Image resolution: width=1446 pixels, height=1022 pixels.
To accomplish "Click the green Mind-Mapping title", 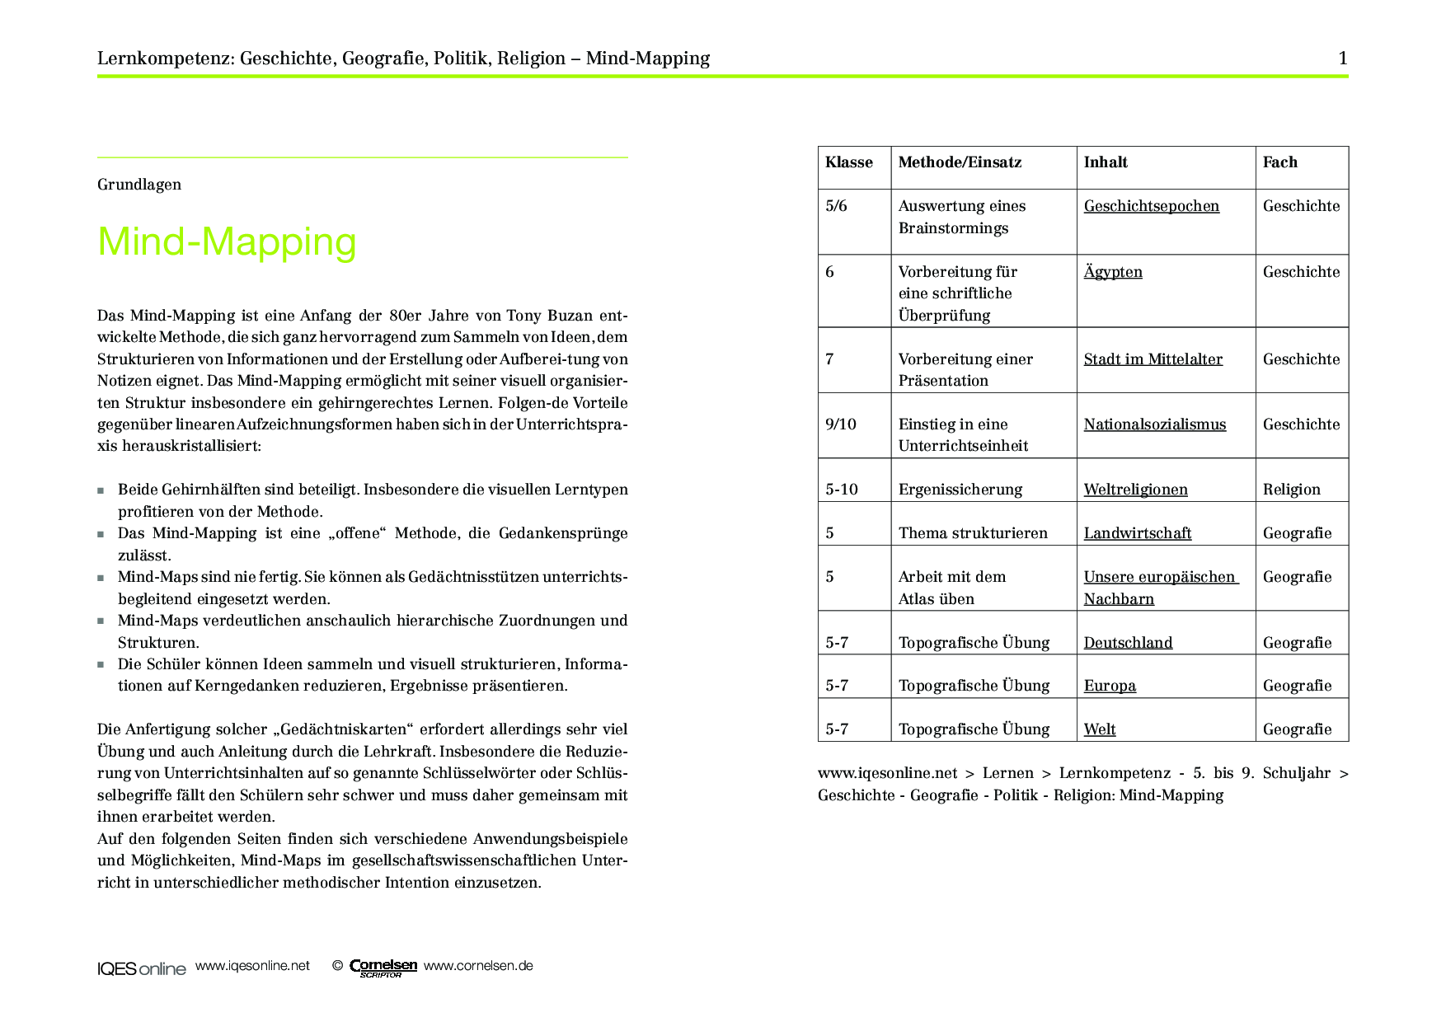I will pos(227,241).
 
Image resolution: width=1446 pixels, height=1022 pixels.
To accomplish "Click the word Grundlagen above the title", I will pos(139,185).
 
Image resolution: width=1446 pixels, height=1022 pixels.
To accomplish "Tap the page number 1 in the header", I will pos(1343,58).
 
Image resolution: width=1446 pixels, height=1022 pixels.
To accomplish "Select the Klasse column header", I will pos(848,162).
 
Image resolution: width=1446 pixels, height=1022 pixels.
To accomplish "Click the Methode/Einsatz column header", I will pos(960,162).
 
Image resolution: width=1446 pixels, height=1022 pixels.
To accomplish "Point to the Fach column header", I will pos(1279,162).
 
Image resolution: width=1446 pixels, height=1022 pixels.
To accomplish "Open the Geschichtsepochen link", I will pos(1151,206).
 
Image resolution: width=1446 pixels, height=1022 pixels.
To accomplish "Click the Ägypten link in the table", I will pos(1113,272).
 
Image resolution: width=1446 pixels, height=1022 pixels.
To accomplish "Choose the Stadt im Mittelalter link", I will pos(1153,359).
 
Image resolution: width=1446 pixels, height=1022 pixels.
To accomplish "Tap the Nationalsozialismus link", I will pos(1154,424).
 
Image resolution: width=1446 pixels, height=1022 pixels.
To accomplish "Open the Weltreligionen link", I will pos(1135,490).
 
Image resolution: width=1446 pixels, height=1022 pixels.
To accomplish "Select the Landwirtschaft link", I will pos(1137,533).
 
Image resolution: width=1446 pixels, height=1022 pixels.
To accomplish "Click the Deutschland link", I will pos(1128,643).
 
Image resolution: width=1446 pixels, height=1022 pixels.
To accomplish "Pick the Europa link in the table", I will pos(1110,686).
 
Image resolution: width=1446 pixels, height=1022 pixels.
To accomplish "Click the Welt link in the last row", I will pos(1100,729).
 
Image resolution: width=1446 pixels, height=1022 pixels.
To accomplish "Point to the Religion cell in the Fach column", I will pos(1291,490).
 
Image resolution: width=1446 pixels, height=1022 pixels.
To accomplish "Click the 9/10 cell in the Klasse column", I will pos(841,424).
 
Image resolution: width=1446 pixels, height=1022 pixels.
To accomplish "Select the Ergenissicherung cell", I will pos(960,490).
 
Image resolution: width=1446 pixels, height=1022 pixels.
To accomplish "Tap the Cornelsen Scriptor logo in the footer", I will pos(383,968).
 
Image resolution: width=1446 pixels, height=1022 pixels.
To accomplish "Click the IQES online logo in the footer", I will pos(142,968).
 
